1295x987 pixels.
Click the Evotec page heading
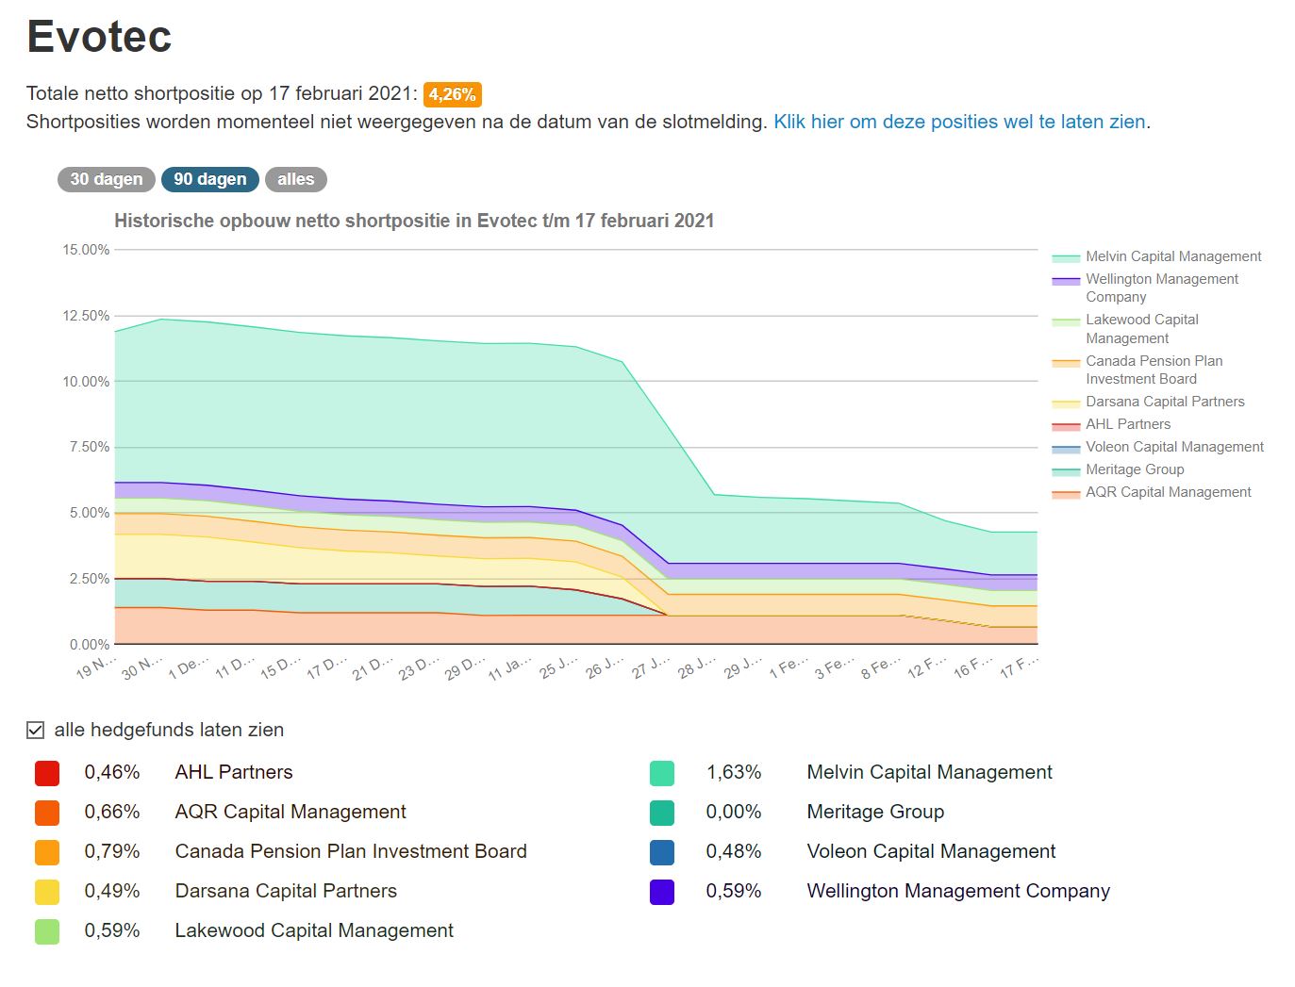[99, 38]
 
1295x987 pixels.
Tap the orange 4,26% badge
[453, 94]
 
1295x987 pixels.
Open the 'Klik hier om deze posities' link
[959, 122]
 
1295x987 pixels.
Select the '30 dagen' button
[106, 179]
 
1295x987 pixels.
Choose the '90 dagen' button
[209, 179]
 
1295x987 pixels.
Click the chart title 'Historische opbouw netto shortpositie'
[414, 221]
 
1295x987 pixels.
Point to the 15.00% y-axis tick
[86, 250]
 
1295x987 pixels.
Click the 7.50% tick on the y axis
[89, 447]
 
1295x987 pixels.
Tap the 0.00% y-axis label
[89, 645]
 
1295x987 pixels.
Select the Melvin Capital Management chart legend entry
[1172, 256]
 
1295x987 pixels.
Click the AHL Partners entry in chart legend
[1127, 424]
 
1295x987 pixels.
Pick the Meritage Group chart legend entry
[1134, 469]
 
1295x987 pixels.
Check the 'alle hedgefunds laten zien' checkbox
[36, 730]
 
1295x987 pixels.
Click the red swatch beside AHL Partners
[47, 773]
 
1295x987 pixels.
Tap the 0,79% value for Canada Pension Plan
[112, 851]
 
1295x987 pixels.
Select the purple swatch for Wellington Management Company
[662, 892]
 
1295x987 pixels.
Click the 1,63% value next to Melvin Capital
[733, 772]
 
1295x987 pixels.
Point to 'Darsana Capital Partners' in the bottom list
[286, 891]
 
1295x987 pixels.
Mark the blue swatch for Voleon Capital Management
[662, 852]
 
